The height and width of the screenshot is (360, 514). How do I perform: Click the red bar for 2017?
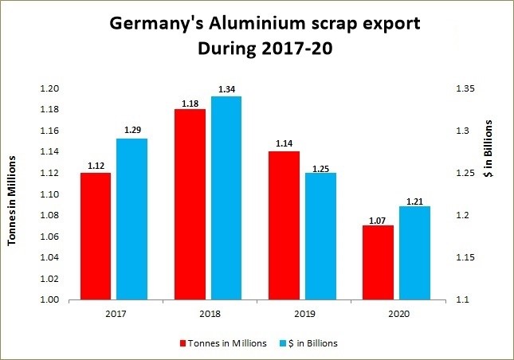coord(96,237)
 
